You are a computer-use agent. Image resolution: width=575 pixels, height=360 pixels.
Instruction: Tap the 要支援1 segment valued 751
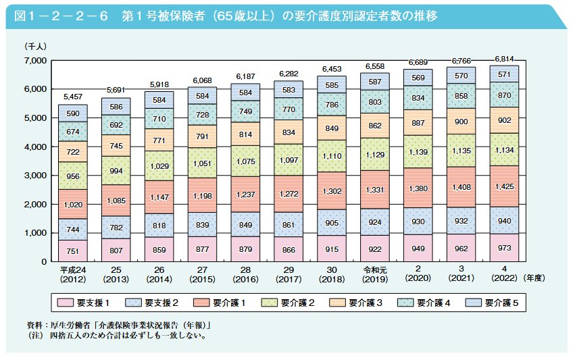coord(72,250)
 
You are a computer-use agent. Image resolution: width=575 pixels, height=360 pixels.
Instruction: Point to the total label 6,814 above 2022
coord(503,59)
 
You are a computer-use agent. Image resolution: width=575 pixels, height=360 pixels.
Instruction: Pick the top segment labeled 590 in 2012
coord(72,113)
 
